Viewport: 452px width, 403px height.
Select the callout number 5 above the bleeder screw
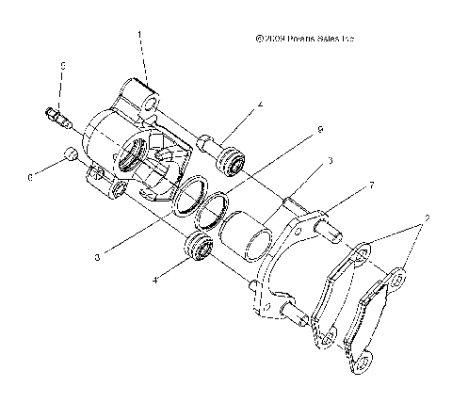[x=62, y=66]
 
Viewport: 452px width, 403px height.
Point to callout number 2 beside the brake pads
[x=428, y=218]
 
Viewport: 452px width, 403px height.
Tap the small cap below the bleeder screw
[x=68, y=154]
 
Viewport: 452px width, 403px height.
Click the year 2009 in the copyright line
[x=276, y=40]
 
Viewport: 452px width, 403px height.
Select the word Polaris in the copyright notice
[x=309, y=40]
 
